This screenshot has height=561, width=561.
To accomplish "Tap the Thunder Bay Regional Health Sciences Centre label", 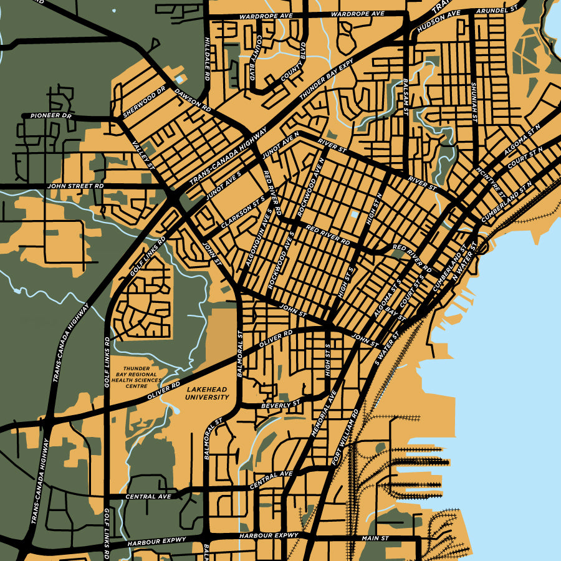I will pos(142,377).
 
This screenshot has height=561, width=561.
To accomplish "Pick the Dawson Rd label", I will pos(193,99).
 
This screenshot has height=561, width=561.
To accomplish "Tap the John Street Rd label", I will pos(75,186).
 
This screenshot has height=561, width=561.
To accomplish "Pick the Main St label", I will pos(375,537).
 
